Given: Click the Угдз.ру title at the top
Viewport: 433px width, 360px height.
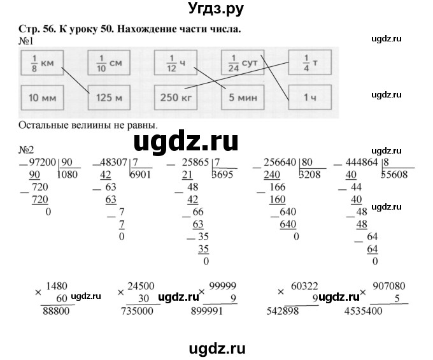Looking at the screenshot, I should [x=216, y=10].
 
